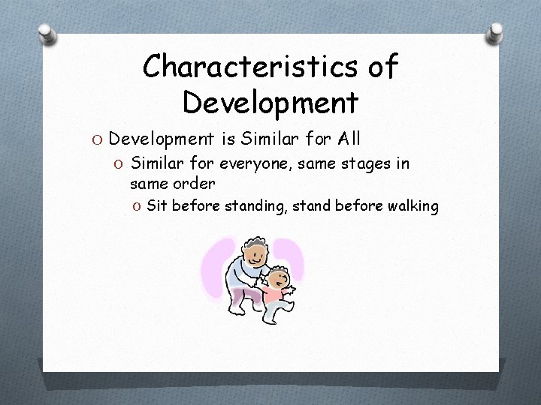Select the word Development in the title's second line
tap(270, 100)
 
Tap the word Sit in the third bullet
tap(157, 205)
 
